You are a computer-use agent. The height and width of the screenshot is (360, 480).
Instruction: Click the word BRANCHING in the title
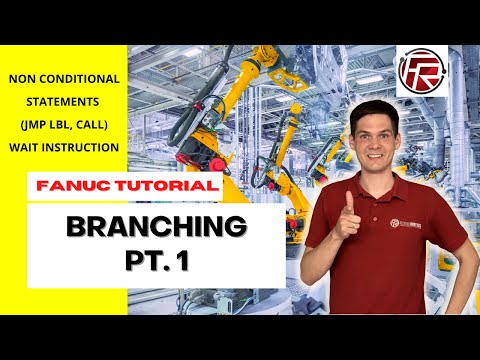(x=156, y=227)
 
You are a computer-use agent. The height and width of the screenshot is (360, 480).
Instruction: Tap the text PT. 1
(x=156, y=262)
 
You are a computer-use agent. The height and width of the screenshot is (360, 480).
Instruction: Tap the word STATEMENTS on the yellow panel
(x=64, y=101)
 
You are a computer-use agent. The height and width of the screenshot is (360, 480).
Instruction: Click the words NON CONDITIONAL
(x=64, y=78)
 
